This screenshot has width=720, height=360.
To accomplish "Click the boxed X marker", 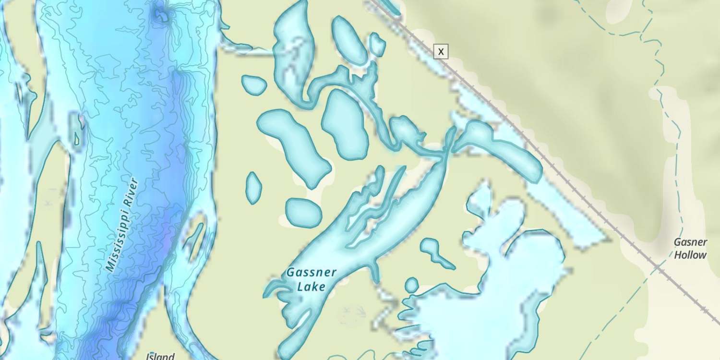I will [440, 51].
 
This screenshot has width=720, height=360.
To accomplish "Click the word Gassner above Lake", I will [312, 273].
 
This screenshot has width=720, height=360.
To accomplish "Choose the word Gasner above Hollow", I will [691, 242].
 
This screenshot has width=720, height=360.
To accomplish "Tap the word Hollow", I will [691, 255].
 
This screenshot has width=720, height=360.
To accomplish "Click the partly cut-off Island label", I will [160, 356].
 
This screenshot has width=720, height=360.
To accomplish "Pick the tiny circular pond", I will [411, 285].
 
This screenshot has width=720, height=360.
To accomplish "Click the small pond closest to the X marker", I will [377, 44].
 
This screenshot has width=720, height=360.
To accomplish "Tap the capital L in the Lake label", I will [301, 287].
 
